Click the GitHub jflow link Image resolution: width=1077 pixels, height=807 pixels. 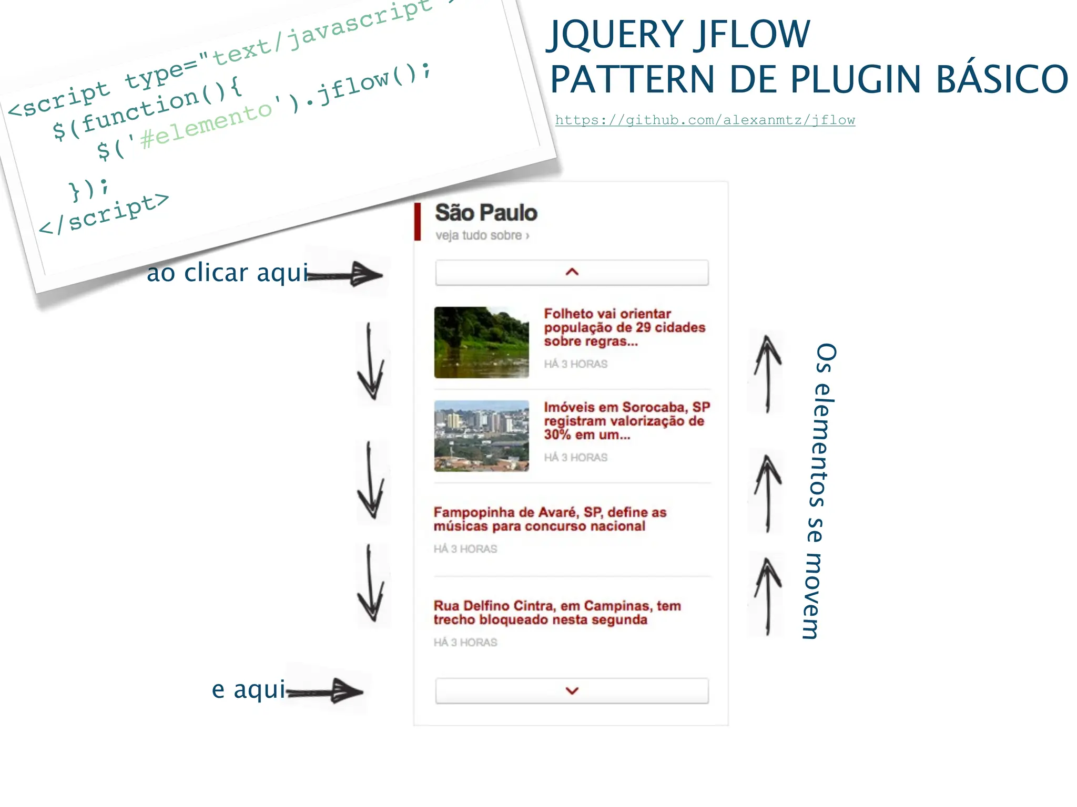coord(705,120)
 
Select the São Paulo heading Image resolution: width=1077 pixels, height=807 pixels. coord(486,213)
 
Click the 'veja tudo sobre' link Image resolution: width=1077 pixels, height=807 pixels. coord(482,235)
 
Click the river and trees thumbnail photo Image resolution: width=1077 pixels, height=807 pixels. coord(481,343)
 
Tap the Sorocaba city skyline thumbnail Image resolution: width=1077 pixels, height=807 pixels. coord(481,436)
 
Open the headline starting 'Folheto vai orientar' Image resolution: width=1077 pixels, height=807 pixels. coord(624,327)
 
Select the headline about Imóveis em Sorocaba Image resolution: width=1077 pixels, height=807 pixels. coord(626,421)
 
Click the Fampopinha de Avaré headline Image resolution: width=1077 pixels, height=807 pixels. coord(550,519)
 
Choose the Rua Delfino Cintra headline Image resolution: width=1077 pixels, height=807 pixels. coord(557,613)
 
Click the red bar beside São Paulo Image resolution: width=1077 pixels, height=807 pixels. coord(418,221)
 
